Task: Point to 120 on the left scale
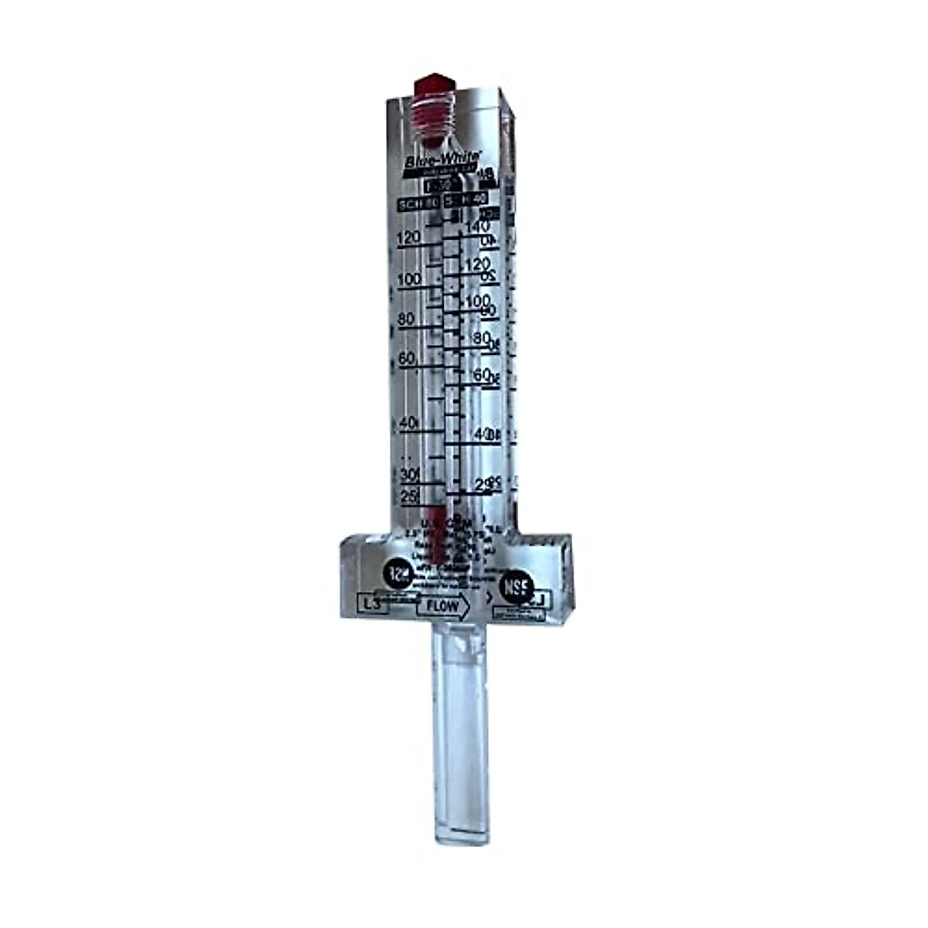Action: click(x=408, y=238)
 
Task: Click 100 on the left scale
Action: click(x=408, y=279)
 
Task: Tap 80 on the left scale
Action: click(x=405, y=319)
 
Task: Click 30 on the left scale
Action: click(x=409, y=473)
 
